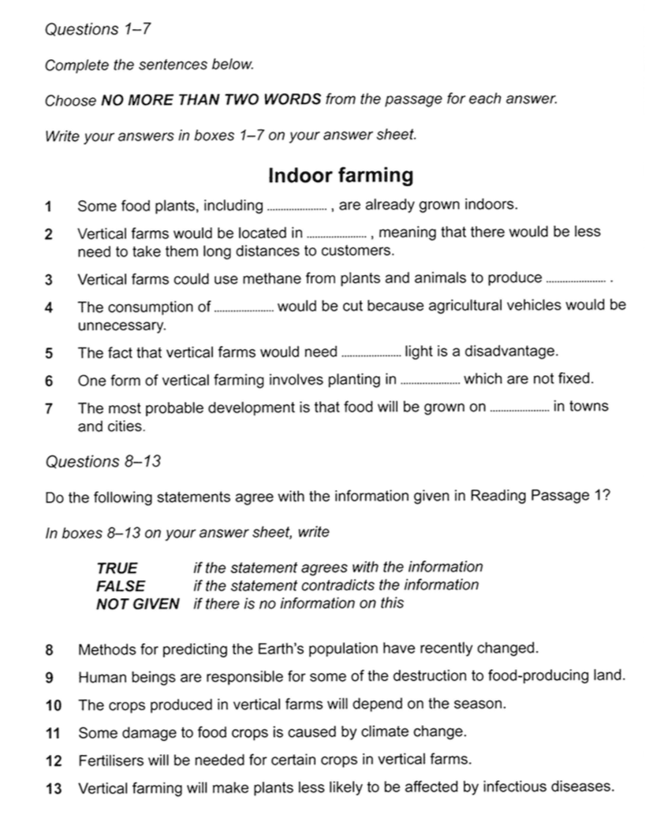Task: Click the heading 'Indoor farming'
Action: point(341,175)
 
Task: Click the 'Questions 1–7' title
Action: point(98,30)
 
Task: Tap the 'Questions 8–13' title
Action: point(103,462)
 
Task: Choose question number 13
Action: point(53,787)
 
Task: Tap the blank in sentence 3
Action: point(578,279)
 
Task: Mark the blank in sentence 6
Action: point(431,381)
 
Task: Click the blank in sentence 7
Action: point(519,408)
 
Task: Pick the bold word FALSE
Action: point(121,586)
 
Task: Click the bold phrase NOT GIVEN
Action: point(137,604)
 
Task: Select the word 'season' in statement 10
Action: point(481,703)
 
